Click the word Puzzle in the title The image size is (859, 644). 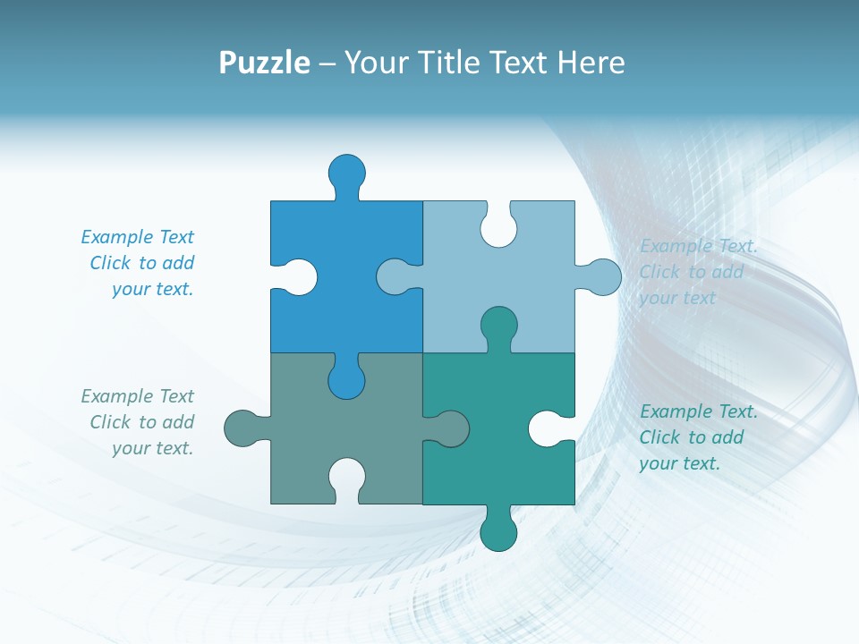(265, 64)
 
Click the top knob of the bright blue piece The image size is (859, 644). (347, 171)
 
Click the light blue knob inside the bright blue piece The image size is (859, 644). (394, 276)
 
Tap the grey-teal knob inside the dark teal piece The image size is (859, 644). (451, 428)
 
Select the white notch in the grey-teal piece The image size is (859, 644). (347, 476)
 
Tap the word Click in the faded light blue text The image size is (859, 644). (659, 272)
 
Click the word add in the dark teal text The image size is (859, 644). (727, 437)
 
